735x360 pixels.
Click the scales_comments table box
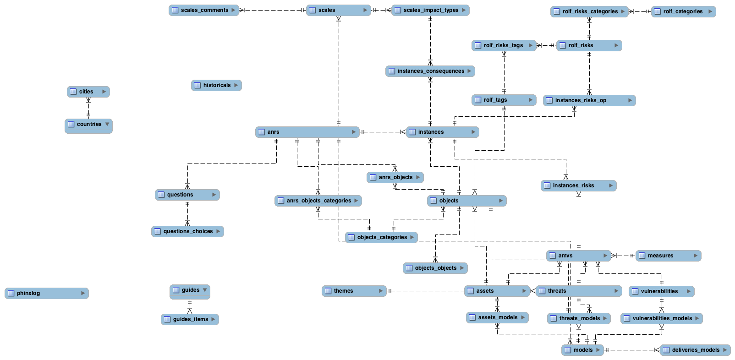204,10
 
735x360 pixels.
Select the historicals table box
216,85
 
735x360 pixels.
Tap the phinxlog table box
46,293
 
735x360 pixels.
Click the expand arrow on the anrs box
354,132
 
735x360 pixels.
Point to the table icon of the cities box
73,92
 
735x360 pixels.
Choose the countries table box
88,125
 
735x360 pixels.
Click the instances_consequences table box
430,71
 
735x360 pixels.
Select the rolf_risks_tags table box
503,45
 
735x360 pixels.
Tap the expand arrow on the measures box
696,256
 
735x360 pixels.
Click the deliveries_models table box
695,350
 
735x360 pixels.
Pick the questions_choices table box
187,231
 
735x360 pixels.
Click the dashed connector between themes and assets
426,291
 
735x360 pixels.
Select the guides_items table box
190,319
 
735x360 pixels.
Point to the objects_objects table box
435,268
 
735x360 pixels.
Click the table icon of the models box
568,350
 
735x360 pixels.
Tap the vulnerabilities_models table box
661,318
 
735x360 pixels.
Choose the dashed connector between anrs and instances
383,132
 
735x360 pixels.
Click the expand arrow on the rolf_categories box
710,11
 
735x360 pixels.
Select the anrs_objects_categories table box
318,201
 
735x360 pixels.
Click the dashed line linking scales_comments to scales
273,10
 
